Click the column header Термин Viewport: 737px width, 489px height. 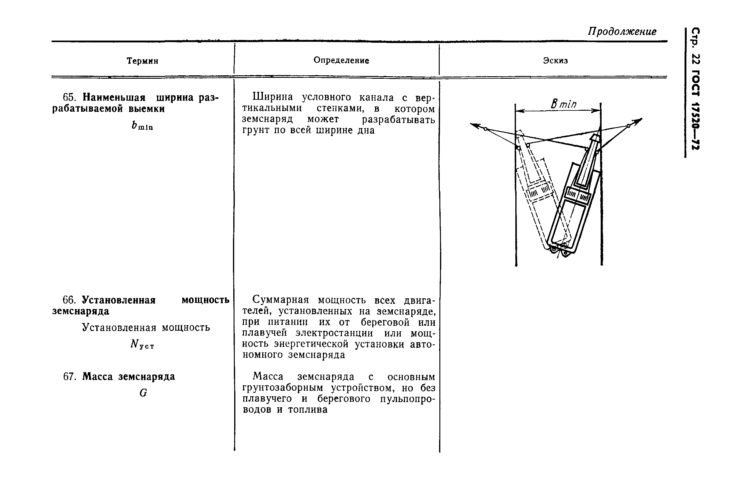[x=142, y=61]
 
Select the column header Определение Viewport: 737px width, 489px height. [x=341, y=60]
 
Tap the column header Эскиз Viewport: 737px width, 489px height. [x=555, y=60]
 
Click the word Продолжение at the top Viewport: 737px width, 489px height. [x=622, y=31]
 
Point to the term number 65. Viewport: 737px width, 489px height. [x=69, y=98]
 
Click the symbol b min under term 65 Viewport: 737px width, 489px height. [x=142, y=125]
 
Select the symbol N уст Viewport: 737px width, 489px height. [x=142, y=344]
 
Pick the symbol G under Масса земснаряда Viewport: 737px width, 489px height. [x=143, y=393]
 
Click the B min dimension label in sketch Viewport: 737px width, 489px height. [x=563, y=104]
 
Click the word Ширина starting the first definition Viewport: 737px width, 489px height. [x=273, y=97]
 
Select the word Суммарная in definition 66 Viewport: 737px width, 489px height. [x=280, y=300]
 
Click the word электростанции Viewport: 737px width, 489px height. [x=334, y=333]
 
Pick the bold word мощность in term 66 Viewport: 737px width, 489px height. [x=206, y=300]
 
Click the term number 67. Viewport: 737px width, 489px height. [x=70, y=377]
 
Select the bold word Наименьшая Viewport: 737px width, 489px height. [x=114, y=98]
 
